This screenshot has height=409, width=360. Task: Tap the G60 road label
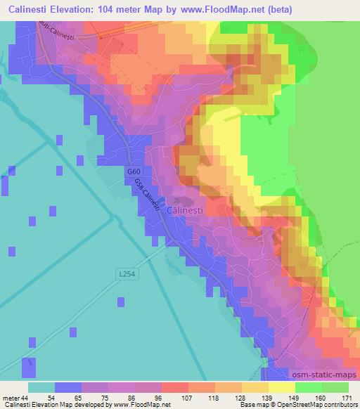(134, 171)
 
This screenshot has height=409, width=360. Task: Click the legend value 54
(41, 397)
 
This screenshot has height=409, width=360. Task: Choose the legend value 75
(95, 397)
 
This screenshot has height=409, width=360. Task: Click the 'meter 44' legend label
(14, 397)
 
